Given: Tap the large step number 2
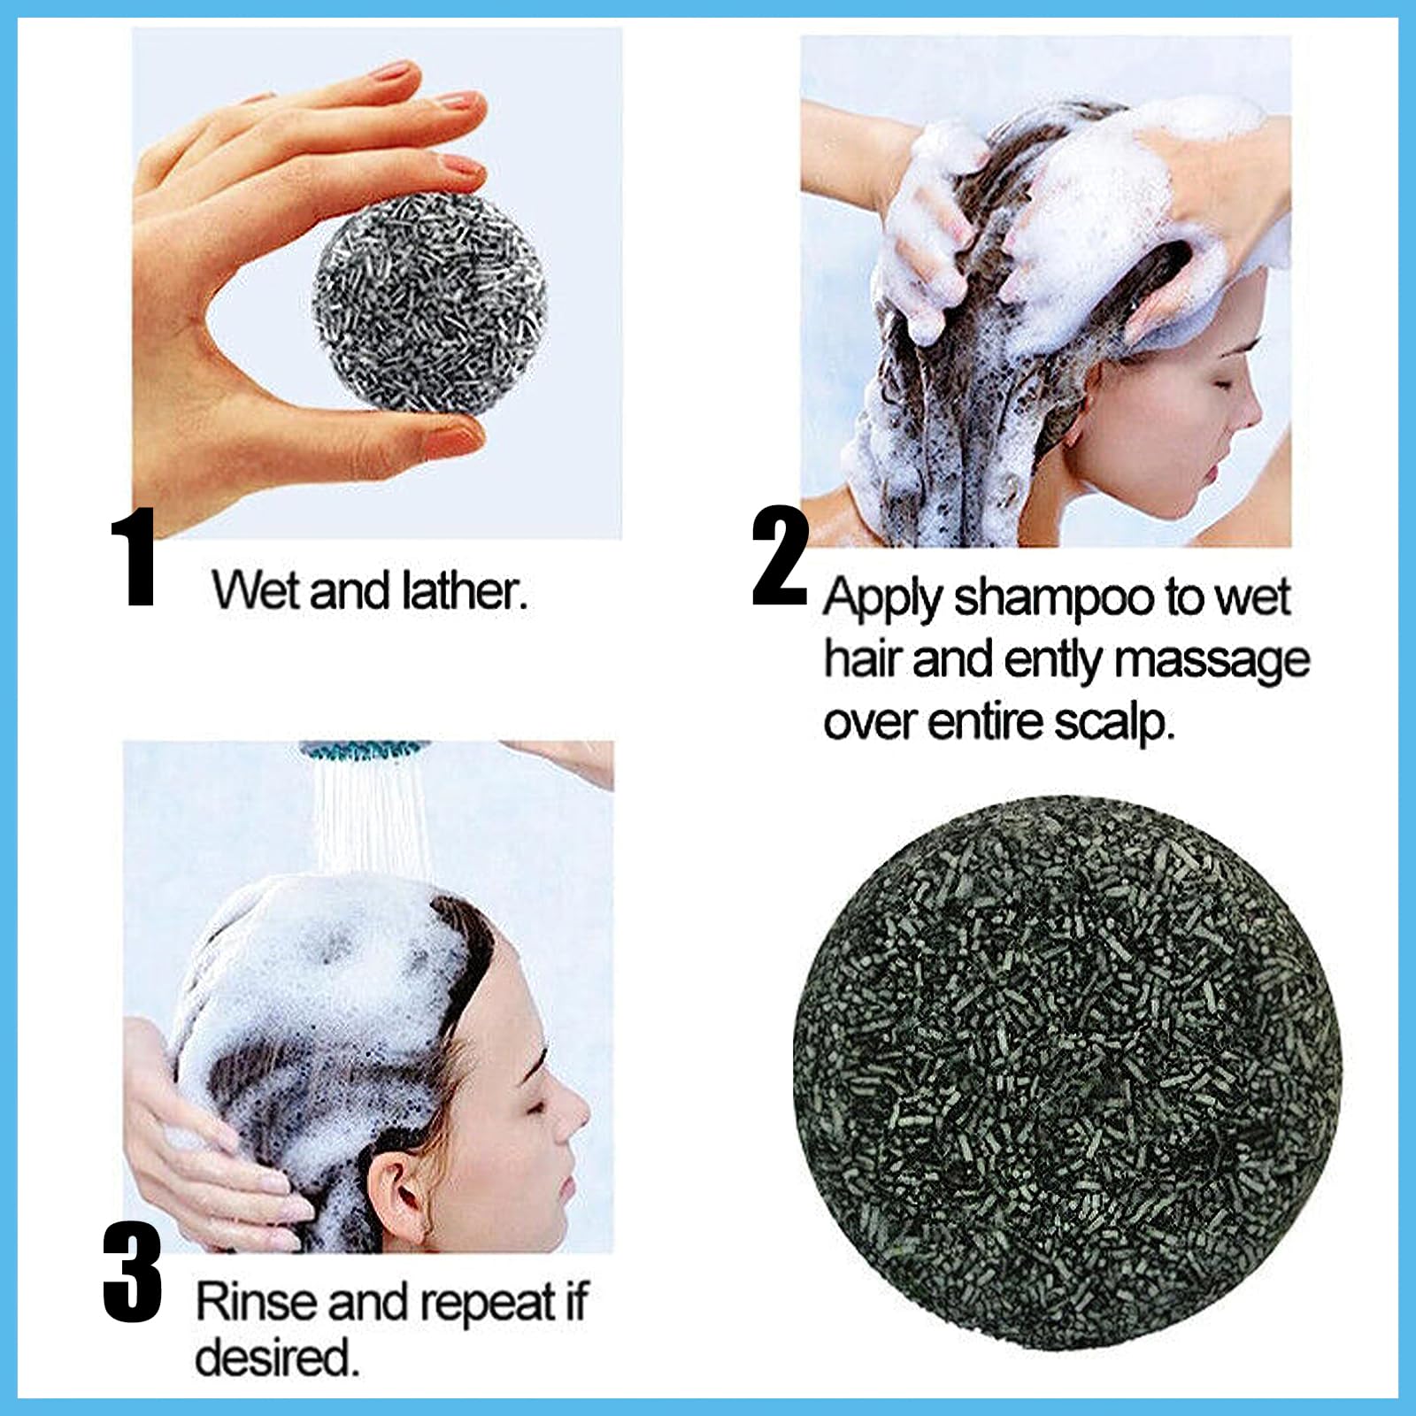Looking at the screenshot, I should pos(779,559).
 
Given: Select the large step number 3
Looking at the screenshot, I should pos(133,1274).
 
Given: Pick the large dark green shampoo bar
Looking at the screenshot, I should pos(1066,1071).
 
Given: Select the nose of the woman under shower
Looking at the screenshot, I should pos(580,1117).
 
